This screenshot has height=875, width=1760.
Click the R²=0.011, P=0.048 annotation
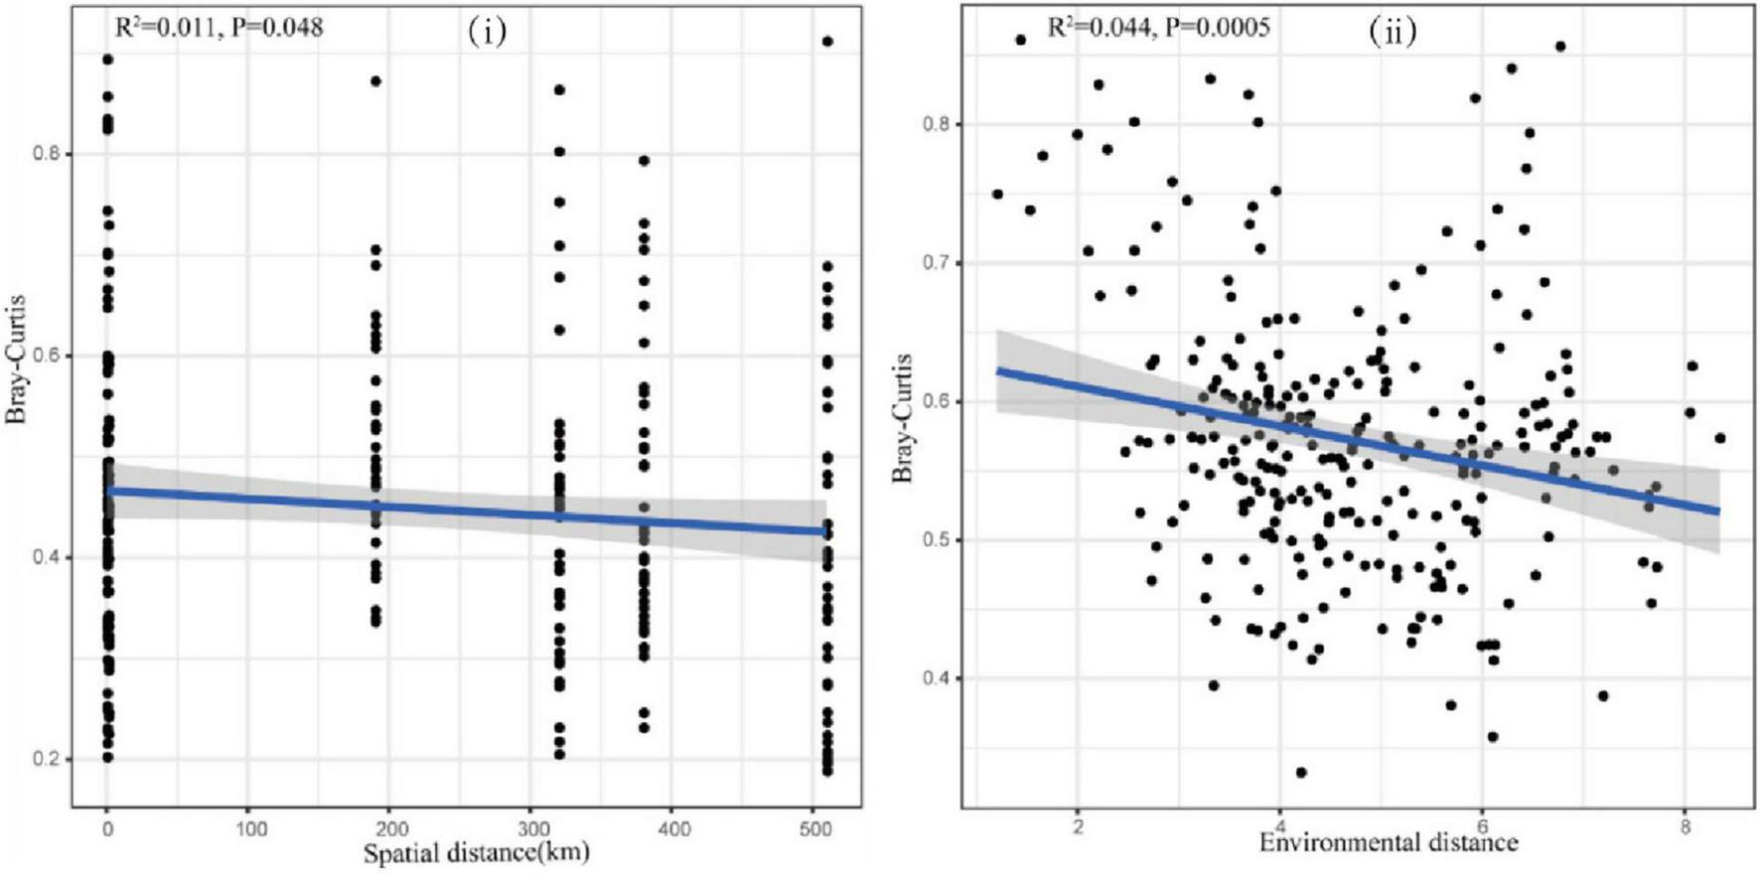(x=219, y=27)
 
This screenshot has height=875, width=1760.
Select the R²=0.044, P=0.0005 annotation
(x=1158, y=27)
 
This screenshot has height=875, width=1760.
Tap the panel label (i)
(x=487, y=32)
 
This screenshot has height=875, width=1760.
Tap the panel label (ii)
(x=1393, y=32)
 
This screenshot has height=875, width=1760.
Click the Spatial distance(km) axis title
(x=476, y=852)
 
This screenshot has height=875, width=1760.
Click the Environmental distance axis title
(x=1389, y=843)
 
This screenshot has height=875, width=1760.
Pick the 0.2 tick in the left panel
(x=52, y=760)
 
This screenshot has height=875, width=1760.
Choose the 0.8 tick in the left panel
(x=52, y=154)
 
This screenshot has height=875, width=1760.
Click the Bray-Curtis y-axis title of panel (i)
(x=16, y=362)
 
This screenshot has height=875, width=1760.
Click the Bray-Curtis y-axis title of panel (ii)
(x=902, y=417)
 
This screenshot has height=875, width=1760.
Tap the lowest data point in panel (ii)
(x=1301, y=772)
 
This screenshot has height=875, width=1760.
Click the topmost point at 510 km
(x=827, y=41)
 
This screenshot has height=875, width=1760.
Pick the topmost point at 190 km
(x=375, y=81)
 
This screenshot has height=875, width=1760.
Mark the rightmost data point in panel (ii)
(x=1720, y=438)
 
